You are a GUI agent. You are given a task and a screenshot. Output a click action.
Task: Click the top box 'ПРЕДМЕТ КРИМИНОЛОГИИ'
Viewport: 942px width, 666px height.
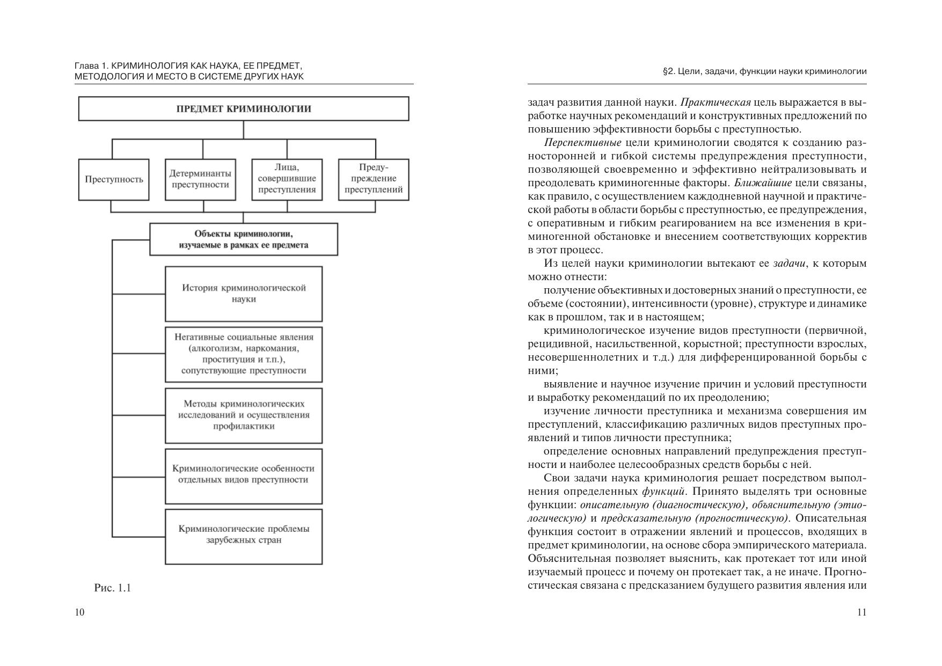tap(244, 109)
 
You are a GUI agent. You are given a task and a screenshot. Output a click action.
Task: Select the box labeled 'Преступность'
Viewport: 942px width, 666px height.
tap(114, 180)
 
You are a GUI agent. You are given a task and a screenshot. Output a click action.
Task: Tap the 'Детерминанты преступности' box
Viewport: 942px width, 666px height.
tap(200, 180)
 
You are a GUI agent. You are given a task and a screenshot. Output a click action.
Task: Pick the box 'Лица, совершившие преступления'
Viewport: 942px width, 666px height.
tap(287, 179)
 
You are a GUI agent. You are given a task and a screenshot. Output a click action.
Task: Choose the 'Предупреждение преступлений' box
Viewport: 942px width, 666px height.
tap(374, 179)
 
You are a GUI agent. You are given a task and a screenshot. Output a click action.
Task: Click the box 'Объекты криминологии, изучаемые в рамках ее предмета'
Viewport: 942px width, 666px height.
tap(244, 239)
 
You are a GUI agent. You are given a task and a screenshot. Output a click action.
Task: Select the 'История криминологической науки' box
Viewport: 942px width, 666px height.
tap(244, 294)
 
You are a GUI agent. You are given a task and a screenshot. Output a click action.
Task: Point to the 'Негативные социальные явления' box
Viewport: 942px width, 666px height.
tap(244, 354)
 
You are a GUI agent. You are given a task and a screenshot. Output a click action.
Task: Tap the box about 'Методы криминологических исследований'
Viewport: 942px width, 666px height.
tap(244, 415)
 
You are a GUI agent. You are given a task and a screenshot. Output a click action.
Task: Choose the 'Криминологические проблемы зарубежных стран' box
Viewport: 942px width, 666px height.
tap(244, 536)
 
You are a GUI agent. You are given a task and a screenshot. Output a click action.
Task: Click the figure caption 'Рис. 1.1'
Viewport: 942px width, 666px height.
tap(113, 588)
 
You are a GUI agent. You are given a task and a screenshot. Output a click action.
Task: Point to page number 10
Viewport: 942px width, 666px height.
tap(80, 612)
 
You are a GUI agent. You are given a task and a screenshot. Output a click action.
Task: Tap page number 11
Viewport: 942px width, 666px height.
tap(861, 612)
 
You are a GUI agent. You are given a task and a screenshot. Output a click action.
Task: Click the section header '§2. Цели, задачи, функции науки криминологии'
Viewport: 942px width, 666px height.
tap(765, 71)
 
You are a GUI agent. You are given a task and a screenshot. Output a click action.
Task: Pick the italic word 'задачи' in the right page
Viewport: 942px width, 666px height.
tap(789, 264)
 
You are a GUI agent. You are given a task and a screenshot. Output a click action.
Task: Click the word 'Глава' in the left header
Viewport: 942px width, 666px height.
tap(87, 66)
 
